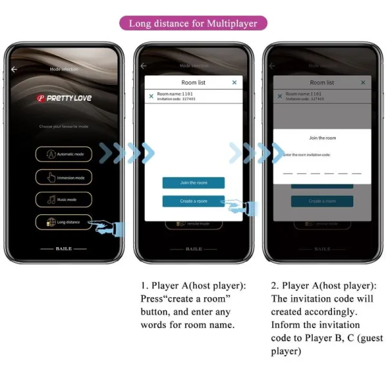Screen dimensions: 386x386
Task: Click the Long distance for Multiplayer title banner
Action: click(x=193, y=24)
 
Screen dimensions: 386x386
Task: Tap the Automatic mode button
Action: click(x=64, y=154)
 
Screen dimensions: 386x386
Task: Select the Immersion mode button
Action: click(x=64, y=177)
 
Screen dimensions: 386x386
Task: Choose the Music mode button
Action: click(x=64, y=199)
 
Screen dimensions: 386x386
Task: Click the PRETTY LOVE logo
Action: click(x=64, y=98)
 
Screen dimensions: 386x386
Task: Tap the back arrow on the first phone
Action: click(x=14, y=69)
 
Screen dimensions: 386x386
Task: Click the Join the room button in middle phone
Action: click(x=194, y=183)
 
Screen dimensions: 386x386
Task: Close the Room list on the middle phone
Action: click(x=234, y=82)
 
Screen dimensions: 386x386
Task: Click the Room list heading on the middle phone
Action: click(x=193, y=82)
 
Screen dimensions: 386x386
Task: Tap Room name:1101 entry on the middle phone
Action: click(x=175, y=94)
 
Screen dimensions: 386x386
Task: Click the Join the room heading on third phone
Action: click(x=322, y=138)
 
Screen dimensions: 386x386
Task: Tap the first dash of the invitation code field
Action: click(x=288, y=173)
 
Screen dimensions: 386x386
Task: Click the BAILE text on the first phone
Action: click(x=64, y=248)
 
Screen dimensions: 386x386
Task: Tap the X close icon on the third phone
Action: click(x=363, y=82)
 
